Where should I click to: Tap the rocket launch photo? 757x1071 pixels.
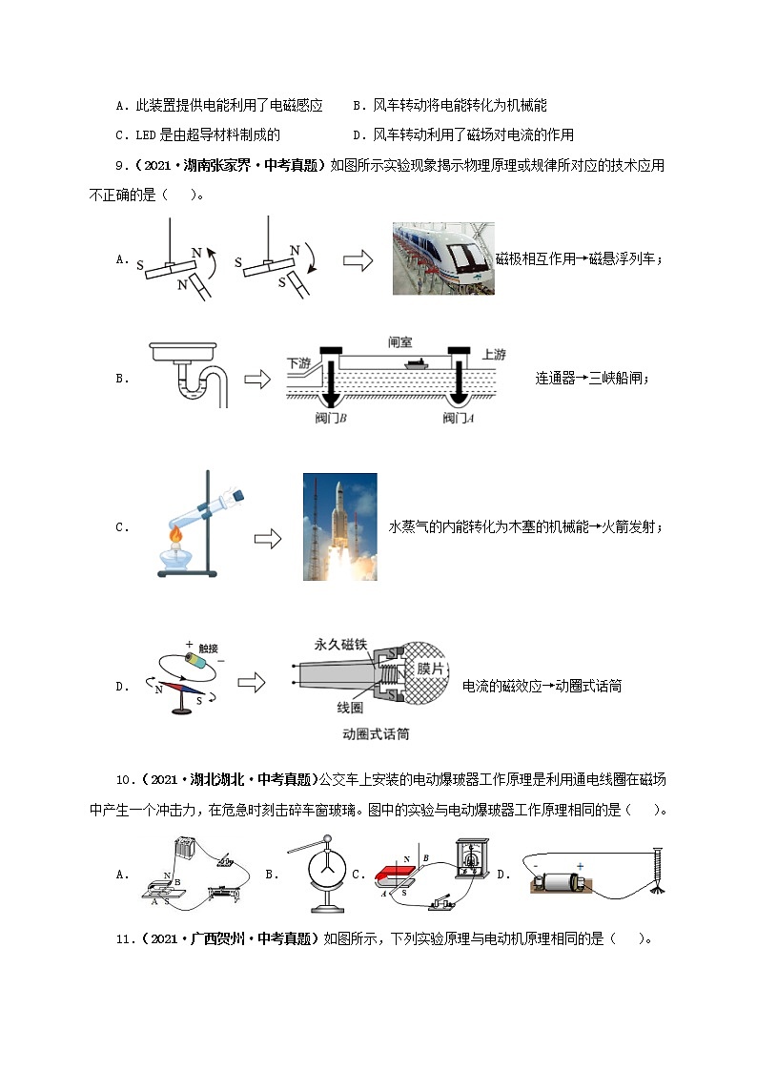click(x=339, y=526)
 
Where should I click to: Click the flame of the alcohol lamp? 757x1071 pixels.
click(x=174, y=537)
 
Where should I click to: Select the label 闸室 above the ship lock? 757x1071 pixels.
click(x=401, y=340)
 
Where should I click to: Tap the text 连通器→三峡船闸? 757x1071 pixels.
click(x=591, y=379)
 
